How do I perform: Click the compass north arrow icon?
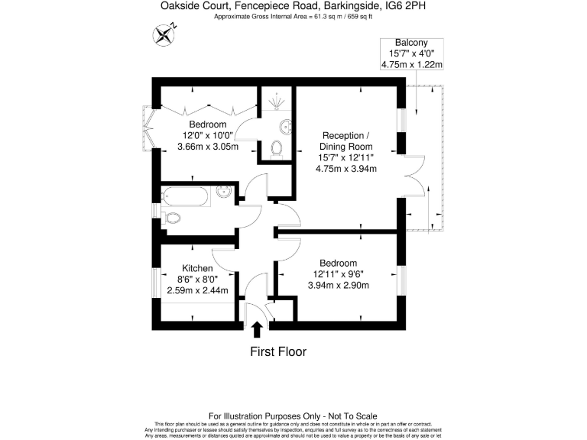pyautogui.click(x=164, y=34)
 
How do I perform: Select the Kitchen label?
pyautogui.click(x=196, y=268)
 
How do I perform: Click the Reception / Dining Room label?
pyautogui.click(x=346, y=141)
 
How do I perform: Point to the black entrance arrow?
pyautogui.click(x=257, y=329)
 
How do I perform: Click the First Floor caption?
pyautogui.click(x=278, y=352)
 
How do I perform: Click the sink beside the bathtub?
pyautogui.click(x=224, y=192)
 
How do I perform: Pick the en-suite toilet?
pyautogui.click(x=277, y=147)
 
